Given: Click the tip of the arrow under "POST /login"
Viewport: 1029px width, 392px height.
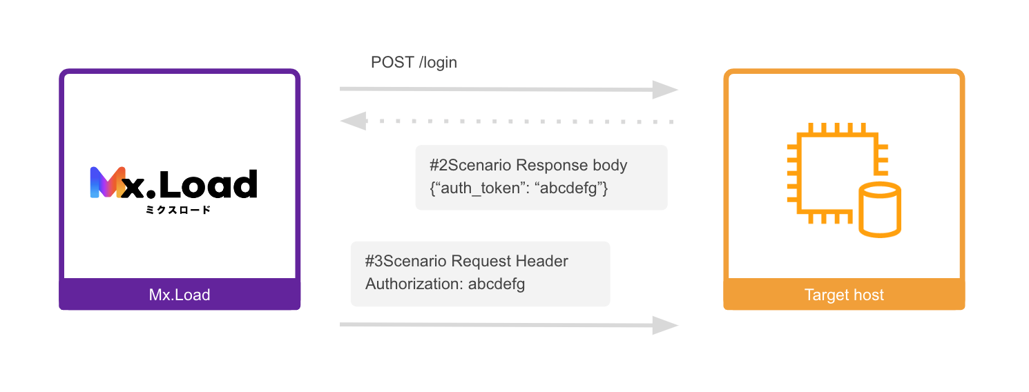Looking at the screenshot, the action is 678,90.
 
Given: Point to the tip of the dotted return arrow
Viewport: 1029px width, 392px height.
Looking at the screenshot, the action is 340,121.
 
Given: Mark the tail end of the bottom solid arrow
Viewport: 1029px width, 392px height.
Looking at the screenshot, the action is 340,324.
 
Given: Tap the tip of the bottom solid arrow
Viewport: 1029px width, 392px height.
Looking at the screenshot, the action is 678,326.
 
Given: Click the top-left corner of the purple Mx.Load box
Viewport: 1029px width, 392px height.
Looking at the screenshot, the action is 59,69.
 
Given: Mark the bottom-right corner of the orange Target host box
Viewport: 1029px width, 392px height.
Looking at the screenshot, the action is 965,310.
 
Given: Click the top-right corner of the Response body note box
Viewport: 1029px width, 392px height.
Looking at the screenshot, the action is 667,146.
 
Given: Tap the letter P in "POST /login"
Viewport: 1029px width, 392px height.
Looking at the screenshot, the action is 376,62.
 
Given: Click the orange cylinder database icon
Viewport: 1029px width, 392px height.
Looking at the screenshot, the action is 879,210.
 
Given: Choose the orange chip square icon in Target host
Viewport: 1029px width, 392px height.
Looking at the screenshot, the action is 838,173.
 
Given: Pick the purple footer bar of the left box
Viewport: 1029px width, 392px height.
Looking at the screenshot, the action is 180,294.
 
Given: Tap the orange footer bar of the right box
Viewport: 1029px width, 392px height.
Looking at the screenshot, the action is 844,294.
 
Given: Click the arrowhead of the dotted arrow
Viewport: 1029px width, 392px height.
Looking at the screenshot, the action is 354,121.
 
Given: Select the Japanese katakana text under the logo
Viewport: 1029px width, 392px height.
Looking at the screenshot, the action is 178,210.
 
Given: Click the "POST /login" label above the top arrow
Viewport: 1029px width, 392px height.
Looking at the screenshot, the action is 414,62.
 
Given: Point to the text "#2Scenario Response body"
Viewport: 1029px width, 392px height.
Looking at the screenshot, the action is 528,165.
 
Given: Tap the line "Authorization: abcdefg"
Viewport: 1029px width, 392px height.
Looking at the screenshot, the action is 445,284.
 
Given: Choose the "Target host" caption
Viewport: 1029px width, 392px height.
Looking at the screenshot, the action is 844,295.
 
